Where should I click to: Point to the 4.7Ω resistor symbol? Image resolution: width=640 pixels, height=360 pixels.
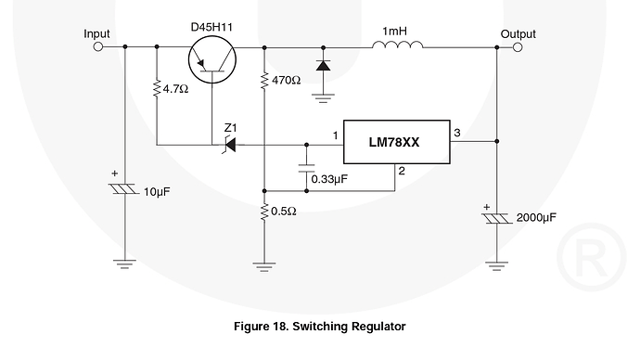157,90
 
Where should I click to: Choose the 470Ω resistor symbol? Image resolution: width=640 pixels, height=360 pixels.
265,81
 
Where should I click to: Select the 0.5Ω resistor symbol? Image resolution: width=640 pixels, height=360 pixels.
265,211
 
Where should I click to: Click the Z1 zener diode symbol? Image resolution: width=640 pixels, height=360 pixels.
228,145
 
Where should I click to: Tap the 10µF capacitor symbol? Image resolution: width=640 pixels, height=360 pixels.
123,189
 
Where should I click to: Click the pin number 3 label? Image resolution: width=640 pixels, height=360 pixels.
456,134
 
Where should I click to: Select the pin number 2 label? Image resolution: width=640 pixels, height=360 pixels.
401,171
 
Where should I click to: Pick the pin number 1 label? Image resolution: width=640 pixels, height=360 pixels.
335,136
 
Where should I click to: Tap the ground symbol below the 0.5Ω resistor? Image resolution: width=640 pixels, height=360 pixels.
265,264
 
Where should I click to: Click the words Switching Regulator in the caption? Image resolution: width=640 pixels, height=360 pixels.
352,326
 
